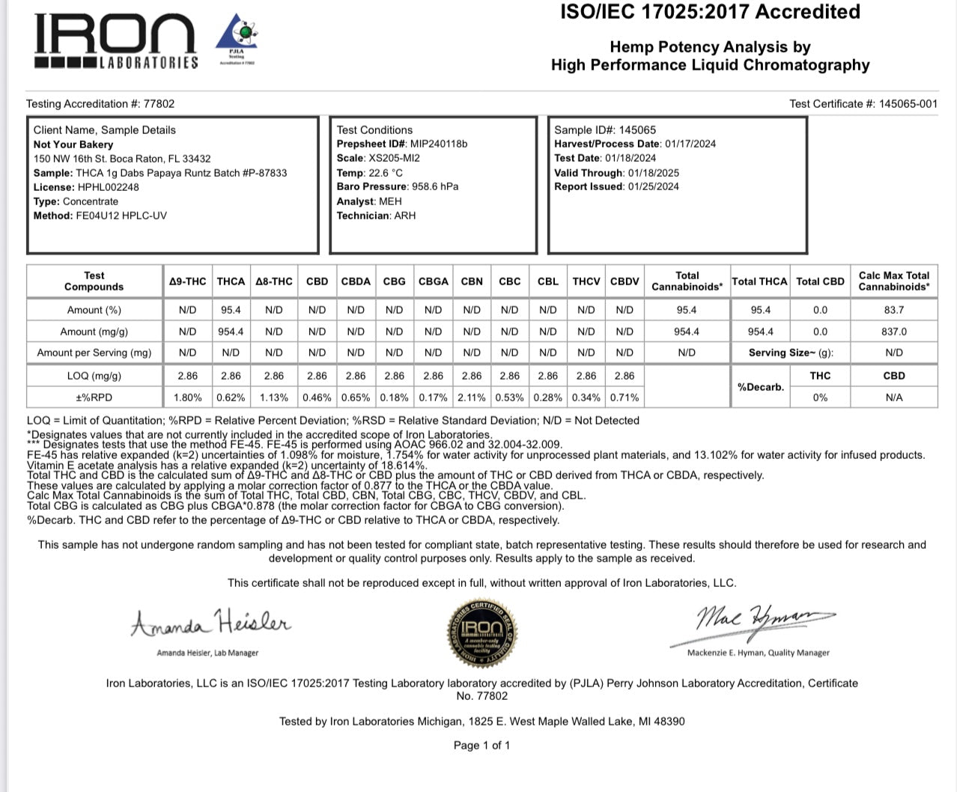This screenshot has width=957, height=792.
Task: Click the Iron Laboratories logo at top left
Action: [x=116, y=42]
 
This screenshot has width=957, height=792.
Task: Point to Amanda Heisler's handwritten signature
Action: [x=210, y=623]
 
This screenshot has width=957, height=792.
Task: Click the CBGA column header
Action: [x=433, y=281]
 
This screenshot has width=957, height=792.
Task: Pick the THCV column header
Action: [x=586, y=281]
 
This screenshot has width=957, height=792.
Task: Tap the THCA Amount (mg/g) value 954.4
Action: [x=231, y=332]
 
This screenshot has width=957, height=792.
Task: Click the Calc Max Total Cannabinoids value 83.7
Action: [x=893, y=310]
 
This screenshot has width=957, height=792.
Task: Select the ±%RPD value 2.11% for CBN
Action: [x=472, y=397]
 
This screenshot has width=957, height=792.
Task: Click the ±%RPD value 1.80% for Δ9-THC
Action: [x=187, y=397]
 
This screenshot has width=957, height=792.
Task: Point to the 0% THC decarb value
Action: [x=820, y=397]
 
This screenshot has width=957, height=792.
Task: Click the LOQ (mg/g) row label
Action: [x=94, y=376]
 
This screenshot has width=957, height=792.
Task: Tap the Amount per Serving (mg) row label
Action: [x=94, y=353]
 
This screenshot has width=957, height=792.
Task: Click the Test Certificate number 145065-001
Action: [x=908, y=104]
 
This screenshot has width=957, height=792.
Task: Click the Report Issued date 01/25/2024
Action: [x=653, y=186]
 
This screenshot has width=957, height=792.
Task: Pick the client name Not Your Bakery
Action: [x=73, y=144]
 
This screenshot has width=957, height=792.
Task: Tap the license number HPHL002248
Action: [x=108, y=187]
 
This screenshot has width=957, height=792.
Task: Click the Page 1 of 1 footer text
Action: [x=481, y=746]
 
